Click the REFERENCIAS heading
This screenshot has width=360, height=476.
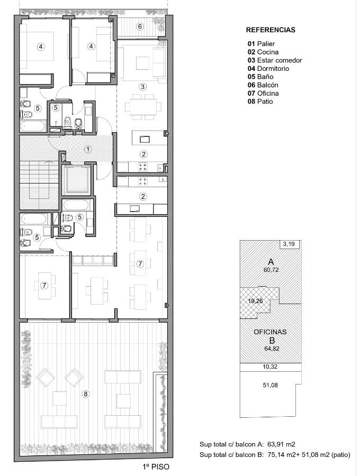(x=271, y=30)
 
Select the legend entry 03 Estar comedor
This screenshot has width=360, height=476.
(x=275, y=60)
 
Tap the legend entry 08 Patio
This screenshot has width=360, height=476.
(x=260, y=102)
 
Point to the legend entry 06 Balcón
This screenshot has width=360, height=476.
(x=263, y=85)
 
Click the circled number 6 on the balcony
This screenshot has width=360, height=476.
(x=140, y=26)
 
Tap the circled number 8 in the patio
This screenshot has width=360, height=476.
(x=86, y=394)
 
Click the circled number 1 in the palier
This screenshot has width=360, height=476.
(x=88, y=149)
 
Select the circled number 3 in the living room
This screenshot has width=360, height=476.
(x=142, y=87)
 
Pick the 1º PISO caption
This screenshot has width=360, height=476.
(x=156, y=466)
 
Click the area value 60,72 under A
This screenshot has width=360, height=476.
(x=271, y=270)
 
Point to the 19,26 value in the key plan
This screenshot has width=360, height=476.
(x=255, y=301)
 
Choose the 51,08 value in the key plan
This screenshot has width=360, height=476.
(x=270, y=385)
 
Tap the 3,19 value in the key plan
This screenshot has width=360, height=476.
(x=289, y=244)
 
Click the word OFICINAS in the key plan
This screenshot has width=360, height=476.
(x=270, y=332)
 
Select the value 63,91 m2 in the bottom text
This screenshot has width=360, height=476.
(x=281, y=444)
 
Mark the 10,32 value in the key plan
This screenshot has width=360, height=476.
(x=270, y=367)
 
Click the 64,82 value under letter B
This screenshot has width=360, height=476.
(x=272, y=349)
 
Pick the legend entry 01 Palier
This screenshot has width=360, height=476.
(x=261, y=44)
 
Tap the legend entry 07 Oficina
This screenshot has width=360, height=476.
(x=263, y=93)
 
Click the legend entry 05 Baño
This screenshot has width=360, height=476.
(x=260, y=77)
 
